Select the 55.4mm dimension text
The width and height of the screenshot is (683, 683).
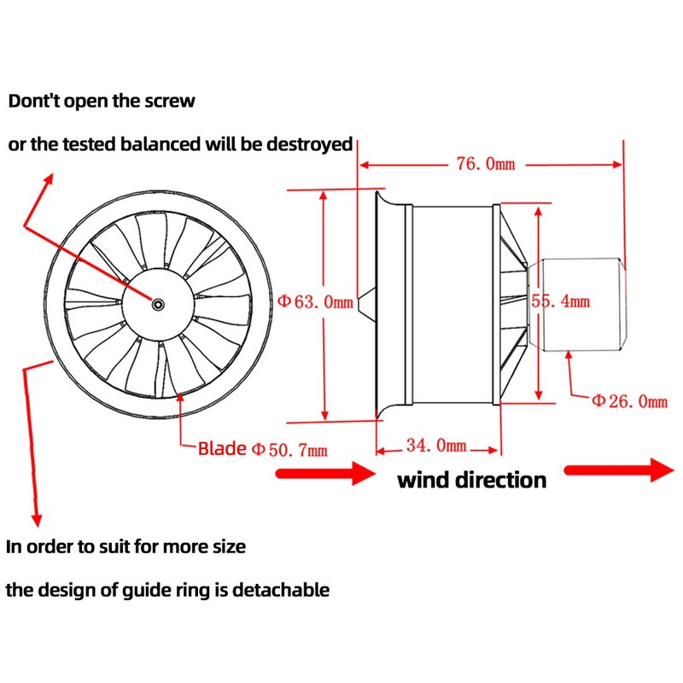click(x=560, y=301)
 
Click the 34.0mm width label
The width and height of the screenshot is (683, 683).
click(x=436, y=446)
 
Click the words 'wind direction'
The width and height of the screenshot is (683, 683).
click(x=471, y=480)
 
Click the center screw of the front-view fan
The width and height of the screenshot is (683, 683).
click(x=159, y=305)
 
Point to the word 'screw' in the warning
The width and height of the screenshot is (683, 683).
click(x=167, y=101)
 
